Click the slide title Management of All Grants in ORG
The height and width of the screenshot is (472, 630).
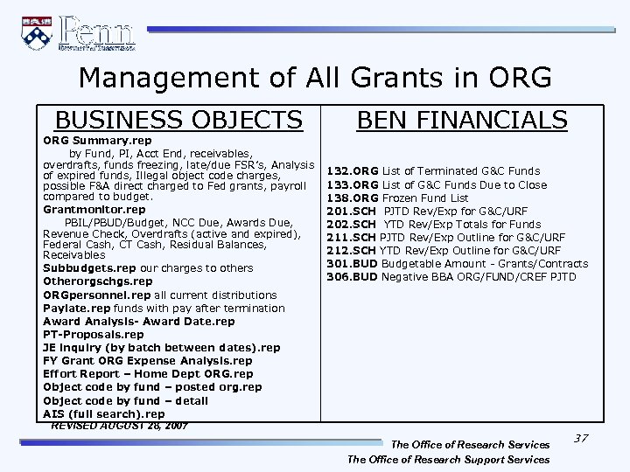314,78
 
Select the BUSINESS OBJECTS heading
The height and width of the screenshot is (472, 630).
179,120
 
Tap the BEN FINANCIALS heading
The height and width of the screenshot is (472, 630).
462,120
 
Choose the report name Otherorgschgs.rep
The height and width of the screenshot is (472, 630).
97,281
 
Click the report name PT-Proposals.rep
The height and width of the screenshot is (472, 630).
94,334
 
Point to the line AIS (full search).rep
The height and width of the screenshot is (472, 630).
103,413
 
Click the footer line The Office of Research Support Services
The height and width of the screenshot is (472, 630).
448,459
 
